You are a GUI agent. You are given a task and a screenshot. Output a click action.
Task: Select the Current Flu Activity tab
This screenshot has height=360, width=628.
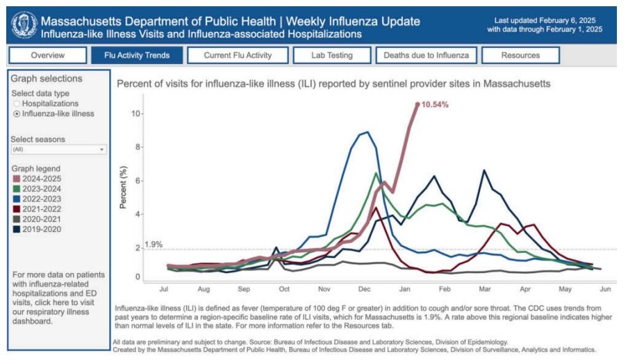(238, 55)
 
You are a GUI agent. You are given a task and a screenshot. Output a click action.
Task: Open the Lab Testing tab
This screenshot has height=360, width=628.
(332, 55)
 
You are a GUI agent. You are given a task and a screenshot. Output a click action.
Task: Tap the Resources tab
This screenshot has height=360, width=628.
(520, 55)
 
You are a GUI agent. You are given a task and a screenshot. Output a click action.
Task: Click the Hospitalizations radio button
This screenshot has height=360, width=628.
(17, 104)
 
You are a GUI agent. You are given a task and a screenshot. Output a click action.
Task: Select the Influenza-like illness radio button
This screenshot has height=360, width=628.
(17, 113)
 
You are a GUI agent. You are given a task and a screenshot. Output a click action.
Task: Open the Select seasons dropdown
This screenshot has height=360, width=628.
(58, 149)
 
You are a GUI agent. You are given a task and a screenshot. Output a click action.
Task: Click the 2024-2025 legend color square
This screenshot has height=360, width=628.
(16, 179)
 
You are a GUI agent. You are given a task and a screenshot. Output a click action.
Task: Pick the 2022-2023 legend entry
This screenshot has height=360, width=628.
(40, 198)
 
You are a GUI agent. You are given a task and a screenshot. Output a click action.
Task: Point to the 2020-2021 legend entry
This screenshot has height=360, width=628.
(40, 218)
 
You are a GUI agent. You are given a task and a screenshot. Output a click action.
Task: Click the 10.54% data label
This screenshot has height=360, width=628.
(435, 105)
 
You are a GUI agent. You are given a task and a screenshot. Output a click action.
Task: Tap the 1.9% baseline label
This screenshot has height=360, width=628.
(153, 245)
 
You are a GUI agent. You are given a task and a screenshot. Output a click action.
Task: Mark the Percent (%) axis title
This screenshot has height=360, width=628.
(124, 193)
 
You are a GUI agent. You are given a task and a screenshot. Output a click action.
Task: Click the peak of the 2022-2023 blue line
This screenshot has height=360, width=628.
(366, 132)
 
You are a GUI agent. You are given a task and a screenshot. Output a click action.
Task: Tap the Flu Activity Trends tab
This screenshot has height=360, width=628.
(137, 55)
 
